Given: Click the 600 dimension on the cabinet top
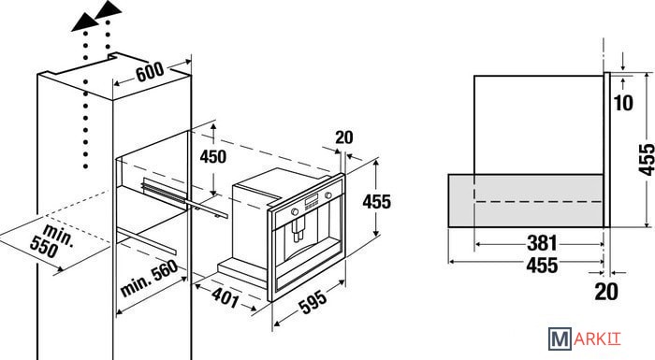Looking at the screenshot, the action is pyautogui.click(x=150, y=72).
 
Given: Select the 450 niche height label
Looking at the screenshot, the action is pyautogui.click(x=213, y=156).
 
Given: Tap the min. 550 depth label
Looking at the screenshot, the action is pyautogui.click(x=51, y=240).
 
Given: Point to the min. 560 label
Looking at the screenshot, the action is pyautogui.click(x=149, y=278).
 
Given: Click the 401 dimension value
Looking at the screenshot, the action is pyautogui.click(x=226, y=297).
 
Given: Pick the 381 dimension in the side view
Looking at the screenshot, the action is pyautogui.click(x=542, y=243).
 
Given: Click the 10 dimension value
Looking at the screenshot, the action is pyautogui.click(x=624, y=103).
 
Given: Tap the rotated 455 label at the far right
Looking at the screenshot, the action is pyautogui.click(x=647, y=160).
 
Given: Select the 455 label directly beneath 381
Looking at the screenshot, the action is pyautogui.click(x=542, y=265).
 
